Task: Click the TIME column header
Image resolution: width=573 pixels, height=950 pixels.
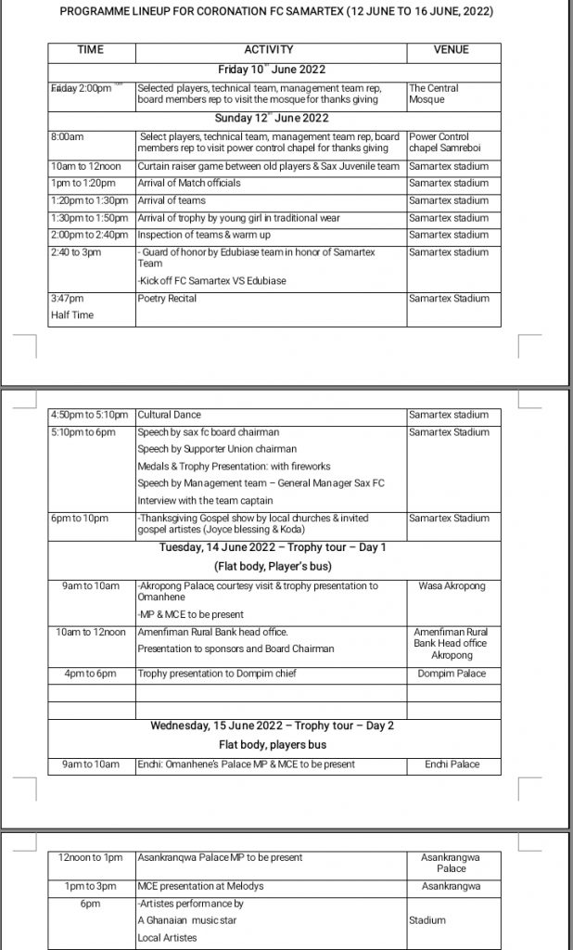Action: pyautogui.click(x=91, y=50)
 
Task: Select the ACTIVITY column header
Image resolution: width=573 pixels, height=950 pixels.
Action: pyautogui.click(x=269, y=50)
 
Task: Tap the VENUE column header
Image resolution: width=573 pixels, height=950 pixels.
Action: pyautogui.click(x=452, y=50)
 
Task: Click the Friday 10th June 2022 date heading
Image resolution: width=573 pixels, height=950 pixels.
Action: pyautogui.click(x=271, y=69)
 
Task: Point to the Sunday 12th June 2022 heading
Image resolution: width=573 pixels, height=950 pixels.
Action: pyautogui.click(x=271, y=119)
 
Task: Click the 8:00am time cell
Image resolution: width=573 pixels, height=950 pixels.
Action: pyautogui.click(x=66, y=136)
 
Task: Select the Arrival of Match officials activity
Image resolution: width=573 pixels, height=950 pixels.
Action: pyautogui.click(x=189, y=183)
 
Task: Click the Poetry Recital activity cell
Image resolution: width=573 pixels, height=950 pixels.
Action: pyautogui.click(x=170, y=299)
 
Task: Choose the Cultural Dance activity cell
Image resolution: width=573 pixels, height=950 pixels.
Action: pyautogui.click(x=170, y=415)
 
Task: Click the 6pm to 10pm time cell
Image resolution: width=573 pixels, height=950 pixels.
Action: pyautogui.click(x=80, y=518)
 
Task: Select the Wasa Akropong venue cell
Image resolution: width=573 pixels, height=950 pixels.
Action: pyautogui.click(x=452, y=586)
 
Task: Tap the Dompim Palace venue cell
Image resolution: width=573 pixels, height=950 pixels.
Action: pyautogui.click(x=452, y=674)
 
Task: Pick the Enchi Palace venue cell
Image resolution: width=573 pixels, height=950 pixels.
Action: pyautogui.click(x=452, y=764)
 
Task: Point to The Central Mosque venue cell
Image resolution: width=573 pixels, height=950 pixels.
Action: pyautogui.click(x=434, y=94)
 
